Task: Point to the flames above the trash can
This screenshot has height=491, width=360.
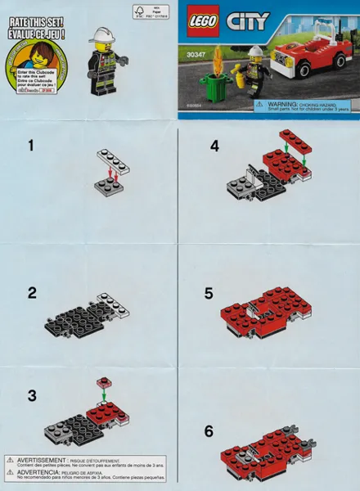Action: coord(218,59)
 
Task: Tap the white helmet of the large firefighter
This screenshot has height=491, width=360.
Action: coord(104,34)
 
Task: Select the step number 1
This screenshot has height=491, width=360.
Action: coord(31,146)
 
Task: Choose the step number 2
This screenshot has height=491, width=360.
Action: coord(31,293)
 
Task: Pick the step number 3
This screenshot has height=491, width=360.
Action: coord(31,395)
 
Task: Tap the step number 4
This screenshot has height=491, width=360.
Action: coord(214,146)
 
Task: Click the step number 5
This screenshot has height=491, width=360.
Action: coord(209,293)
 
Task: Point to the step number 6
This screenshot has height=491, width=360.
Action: coord(209,430)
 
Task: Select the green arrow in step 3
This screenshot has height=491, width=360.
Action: coord(103,396)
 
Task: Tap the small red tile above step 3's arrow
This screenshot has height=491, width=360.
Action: coord(103,382)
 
